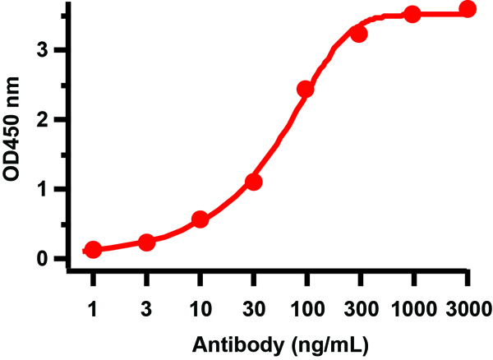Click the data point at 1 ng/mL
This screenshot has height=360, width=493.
(94, 249)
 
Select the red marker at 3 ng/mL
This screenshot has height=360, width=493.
(146, 242)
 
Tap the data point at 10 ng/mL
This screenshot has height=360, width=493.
(200, 219)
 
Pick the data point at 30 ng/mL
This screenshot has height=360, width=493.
(253, 182)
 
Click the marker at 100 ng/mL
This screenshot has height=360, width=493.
(306, 89)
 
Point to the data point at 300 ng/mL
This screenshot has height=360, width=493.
(359, 34)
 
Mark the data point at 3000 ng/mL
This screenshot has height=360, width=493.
(468, 10)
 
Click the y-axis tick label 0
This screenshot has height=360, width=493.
(53, 259)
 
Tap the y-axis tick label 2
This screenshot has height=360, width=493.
(53, 120)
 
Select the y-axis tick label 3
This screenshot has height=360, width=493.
(53, 50)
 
